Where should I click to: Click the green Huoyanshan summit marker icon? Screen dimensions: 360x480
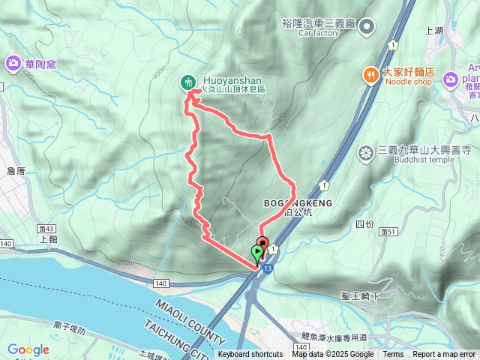[188, 82]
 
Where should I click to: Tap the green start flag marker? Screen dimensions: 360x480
[258, 253]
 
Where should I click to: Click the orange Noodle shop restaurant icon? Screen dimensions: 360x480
[370, 74]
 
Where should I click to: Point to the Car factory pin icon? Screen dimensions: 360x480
[367, 28]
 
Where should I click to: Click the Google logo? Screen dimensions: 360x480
[28, 349]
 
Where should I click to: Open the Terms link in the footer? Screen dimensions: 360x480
[393, 355]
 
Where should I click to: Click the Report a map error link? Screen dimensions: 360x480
[444, 355]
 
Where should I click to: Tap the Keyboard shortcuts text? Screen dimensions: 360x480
[250, 355]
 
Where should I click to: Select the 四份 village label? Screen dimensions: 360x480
[364, 224]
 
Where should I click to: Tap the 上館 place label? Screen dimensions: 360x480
[47, 239]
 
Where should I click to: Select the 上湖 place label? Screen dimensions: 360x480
[433, 31]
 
